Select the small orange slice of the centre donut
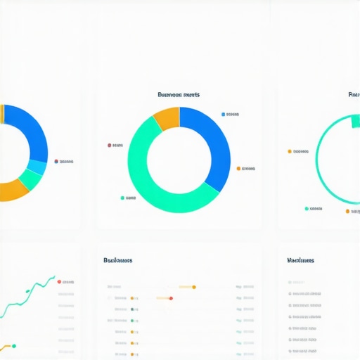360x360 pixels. pos(167,118)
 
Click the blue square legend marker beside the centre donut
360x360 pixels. pos(224,114)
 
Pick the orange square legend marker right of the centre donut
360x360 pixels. pos(238,169)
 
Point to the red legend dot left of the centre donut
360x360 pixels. pos(109,146)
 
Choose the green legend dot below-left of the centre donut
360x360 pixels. pos(122,198)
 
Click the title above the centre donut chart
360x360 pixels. pos(179,94)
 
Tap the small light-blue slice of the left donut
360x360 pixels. pos(37,167)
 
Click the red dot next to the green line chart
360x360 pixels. pos(59,281)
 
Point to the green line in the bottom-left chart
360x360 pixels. pos(28,292)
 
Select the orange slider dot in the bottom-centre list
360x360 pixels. pos(193,287)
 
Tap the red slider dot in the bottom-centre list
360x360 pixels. pos(171,298)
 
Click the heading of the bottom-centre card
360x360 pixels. pos(117,260)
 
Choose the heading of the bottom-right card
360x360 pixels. pos(300,260)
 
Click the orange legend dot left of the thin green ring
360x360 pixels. pos(289,151)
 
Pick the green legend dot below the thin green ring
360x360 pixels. pos(307,209)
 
